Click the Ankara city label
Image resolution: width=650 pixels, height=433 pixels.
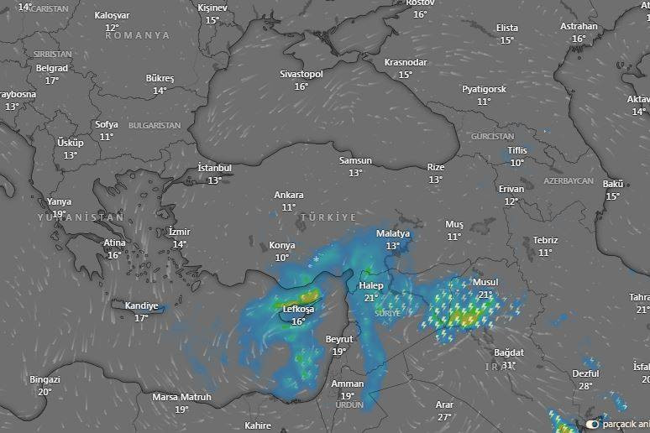[x=289, y=196]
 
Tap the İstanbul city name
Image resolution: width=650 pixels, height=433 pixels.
[x=214, y=168]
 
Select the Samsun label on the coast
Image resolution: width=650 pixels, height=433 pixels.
[x=355, y=161]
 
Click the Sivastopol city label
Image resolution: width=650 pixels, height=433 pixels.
[x=301, y=74]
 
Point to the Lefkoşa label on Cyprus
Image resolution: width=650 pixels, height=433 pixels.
[x=298, y=310]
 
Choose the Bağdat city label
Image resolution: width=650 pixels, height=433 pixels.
[x=509, y=352]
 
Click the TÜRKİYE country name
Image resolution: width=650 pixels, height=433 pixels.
[x=328, y=217]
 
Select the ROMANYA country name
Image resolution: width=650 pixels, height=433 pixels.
[x=137, y=36]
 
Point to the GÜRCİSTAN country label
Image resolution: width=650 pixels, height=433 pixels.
[x=492, y=136]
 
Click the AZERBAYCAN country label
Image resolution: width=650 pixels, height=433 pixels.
[x=568, y=181]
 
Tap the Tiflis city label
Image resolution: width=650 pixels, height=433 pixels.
[x=517, y=151]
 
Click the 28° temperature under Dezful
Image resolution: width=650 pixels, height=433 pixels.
[x=585, y=386]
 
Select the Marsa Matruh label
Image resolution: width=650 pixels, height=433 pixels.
[x=181, y=397]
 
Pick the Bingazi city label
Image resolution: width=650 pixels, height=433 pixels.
[x=45, y=379]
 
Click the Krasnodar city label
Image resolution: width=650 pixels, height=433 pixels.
[x=406, y=63]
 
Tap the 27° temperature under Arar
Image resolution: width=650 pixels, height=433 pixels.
[x=444, y=416]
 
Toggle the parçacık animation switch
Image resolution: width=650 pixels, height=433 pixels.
[x=593, y=424]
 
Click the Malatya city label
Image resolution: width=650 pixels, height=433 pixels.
[x=392, y=233]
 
